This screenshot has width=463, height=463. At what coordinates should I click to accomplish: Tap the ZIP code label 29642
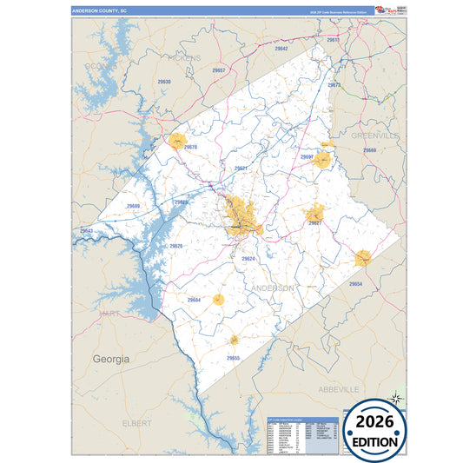281,49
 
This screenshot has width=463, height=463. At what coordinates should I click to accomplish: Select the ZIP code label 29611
333,40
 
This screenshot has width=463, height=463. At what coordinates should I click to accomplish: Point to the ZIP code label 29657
219,69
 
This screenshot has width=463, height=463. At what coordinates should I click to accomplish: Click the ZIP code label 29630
164,82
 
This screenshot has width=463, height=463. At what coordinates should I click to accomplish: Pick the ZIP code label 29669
370,150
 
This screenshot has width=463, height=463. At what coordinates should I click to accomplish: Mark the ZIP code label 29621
241,168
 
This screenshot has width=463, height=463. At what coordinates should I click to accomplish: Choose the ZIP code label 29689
133,206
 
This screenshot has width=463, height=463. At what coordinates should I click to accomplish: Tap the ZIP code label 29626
176,246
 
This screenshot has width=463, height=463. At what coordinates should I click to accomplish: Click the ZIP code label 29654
356,284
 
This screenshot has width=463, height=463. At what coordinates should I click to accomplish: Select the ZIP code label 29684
194,300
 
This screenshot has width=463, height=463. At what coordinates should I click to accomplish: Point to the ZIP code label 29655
234,358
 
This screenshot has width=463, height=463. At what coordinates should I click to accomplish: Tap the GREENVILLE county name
375,136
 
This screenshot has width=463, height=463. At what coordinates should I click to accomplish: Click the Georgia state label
111,358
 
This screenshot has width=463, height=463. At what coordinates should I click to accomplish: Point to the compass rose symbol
395,399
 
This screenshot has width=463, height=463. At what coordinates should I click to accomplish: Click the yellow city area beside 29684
218,300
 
